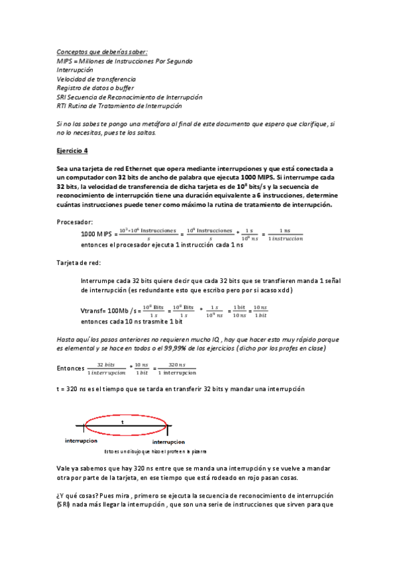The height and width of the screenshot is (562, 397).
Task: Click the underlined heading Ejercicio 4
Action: pyautogui.click(x=72, y=150)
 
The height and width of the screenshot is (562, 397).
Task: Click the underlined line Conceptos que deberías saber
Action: pyautogui.click(x=102, y=52)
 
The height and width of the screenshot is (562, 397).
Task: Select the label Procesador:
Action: pyautogui.click(x=74, y=222)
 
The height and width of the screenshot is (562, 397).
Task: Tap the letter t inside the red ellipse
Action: pyautogui.click(x=123, y=421)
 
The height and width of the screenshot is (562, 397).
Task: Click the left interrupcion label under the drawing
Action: pyautogui.click(x=82, y=440)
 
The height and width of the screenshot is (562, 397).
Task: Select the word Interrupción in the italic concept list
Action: pyautogui.click(x=75, y=70)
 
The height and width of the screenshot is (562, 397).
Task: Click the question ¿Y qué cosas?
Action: pyautogui.click(x=79, y=496)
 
